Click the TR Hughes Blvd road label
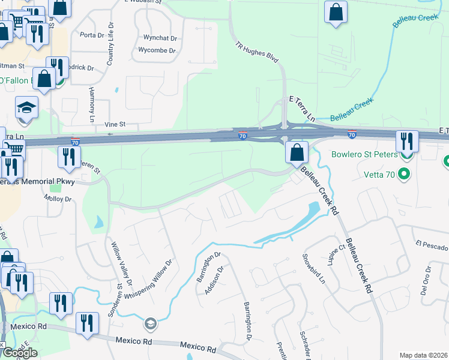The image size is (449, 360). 257,53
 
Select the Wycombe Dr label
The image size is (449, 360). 157,50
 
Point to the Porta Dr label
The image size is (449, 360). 92,35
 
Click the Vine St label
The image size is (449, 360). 114,124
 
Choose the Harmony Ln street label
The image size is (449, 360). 92,105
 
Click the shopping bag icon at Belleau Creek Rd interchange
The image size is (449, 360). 297,152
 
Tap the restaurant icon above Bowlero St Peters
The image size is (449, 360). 407,141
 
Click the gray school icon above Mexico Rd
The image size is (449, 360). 149,325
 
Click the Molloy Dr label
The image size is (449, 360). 59,199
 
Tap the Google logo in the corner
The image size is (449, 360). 19,352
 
